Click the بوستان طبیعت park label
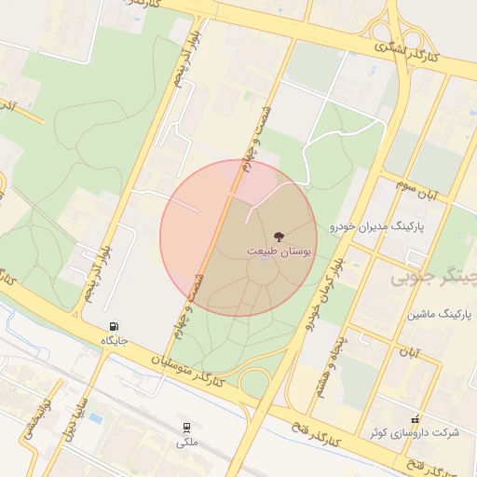(x=281, y=251)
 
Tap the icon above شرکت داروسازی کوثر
(x=415, y=419)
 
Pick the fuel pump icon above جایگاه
(x=115, y=327)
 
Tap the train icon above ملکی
(x=186, y=428)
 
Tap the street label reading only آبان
(x=410, y=353)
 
